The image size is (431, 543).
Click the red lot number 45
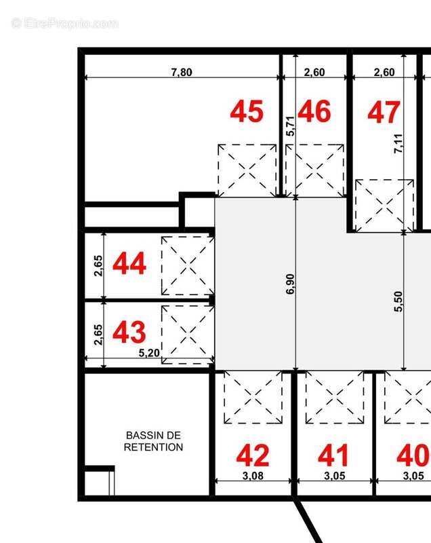(247, 111)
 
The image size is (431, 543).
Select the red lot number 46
(314, 111)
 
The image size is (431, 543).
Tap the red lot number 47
(384, 112)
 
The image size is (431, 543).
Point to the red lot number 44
(129, 263)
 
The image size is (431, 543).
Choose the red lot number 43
(129, 332)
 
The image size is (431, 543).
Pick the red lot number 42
(253, 455)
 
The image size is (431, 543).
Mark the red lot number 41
(333, 455)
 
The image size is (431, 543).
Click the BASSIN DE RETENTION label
(153, 441)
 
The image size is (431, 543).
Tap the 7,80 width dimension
(182, 73)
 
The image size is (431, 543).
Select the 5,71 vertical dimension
(291, 126)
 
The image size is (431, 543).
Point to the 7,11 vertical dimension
(398, 143)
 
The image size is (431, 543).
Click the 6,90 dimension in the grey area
(290, 284)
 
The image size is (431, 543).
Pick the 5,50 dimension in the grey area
(398, 301)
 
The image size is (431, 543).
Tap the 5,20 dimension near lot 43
(149, 353)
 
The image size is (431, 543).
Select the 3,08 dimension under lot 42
(253, 476)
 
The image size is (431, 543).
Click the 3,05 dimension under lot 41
(335, 476)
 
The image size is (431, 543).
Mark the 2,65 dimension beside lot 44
(98, 265)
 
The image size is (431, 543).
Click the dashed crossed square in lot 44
(188, 266)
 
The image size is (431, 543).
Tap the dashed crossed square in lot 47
(384, 206)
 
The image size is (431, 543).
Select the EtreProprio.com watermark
(64, 24)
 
